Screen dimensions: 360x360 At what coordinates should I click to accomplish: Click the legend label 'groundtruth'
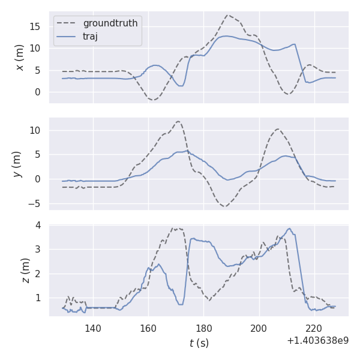tap(110, 23)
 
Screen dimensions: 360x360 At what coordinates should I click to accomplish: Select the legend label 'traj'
tap(90, 36)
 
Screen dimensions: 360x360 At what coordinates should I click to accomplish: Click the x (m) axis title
tap(20, 57)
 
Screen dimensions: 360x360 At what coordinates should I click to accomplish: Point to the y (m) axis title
tap(17, 164)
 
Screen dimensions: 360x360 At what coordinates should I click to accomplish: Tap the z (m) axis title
tap(25, 271)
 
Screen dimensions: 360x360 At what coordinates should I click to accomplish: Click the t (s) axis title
tap(199, 343)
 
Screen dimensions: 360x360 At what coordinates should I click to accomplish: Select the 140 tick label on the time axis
tap(93, 328)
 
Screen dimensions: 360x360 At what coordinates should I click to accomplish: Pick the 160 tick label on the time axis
tap(148, 328)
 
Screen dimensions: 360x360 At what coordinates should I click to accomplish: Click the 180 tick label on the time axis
tap(203, 328)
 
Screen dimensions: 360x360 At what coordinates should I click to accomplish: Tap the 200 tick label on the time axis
tap(259, 328)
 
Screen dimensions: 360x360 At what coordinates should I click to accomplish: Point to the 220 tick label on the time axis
tap(314, 328)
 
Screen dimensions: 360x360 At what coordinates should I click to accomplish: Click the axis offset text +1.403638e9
tap(317, 340)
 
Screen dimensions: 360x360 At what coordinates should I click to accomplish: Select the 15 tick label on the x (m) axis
tap(37, 26)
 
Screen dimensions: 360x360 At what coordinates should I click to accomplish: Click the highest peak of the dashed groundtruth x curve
tap(228, 16)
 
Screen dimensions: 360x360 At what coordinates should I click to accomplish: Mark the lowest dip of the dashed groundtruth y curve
tap(225, 206)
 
